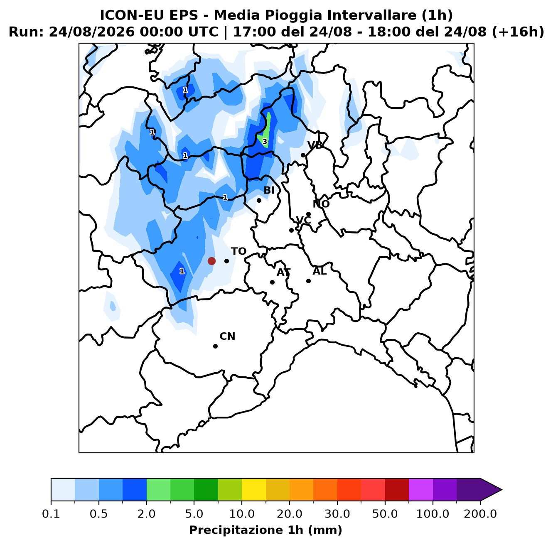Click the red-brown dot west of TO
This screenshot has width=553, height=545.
(x=211, y=261)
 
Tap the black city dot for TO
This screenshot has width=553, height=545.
(x=226, y=261)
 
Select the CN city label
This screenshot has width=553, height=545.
(x=227, y=336)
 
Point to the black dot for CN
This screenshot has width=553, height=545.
(x=215, y=346)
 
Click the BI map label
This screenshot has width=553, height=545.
(x=269, y=190)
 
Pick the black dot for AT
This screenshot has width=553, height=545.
(x=272, y=282)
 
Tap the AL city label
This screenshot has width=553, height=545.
(x=320, y=271)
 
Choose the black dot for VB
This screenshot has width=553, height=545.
(x=303, y=155)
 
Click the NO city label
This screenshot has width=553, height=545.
(x=321, y=204)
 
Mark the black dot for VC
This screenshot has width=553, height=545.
(x=291, y=230)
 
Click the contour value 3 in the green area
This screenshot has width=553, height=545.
(x=265, y=142)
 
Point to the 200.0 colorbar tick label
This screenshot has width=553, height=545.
(x=480, y=514)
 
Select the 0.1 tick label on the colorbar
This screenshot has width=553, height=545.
(x=51, y=514)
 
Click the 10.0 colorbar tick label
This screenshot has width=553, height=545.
(x=242, y=514)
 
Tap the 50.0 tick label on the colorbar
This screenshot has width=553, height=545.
(x=385, y=514)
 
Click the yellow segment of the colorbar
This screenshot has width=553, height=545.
(x=254, y=489)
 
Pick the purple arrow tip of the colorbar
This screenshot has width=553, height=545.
(x=501, y=490)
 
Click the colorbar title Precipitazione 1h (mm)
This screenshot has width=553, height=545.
(x=266, y=530)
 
